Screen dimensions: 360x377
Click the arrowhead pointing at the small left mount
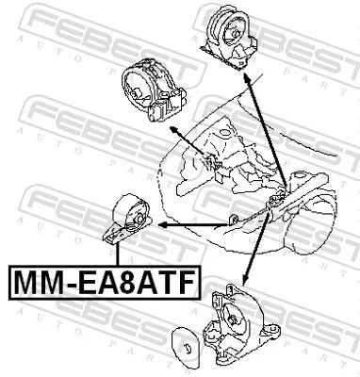163,227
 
